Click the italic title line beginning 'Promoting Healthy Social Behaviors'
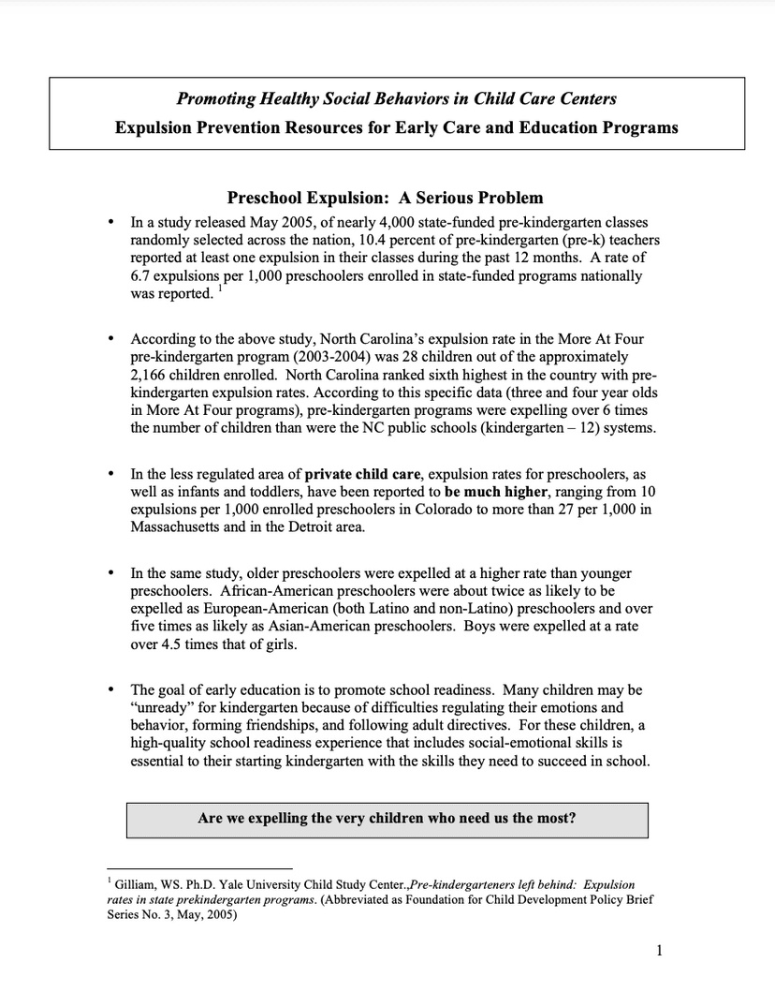(397, 98)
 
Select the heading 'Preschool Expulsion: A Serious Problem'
(385, 199)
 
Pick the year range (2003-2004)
(406, 357)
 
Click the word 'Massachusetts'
(178, 527)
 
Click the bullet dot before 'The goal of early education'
(112, 690)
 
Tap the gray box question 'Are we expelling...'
(387, 818)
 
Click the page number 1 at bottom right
(660, 953)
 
